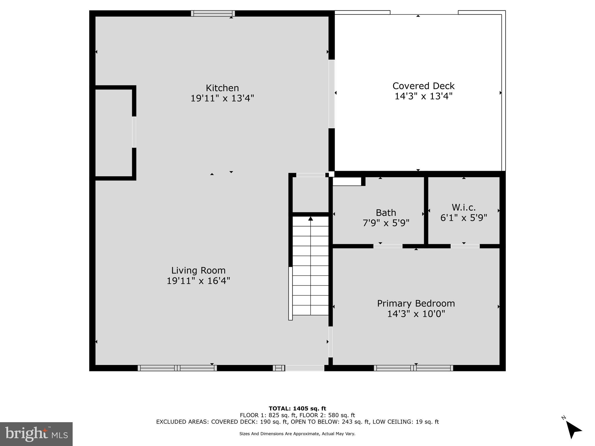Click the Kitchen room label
[x=222, y=88]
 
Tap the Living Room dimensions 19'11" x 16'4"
[x=198, y=281]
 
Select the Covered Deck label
[x=423, y=86]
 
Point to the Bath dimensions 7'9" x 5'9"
[x=386, y=223]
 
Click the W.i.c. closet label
[x=463, y=207]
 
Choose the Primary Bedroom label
[x=416, y=303]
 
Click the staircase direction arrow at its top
[x=311, y=219]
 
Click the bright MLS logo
[x=36, y=434]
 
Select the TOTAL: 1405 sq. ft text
[x=297, y=409]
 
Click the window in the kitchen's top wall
[x=213, y=13]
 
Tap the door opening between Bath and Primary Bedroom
[x=388, y=246]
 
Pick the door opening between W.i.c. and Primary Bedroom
[x=465, y=246]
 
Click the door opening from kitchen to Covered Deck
[x=331, y=94]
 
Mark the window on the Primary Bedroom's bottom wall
[x=413, y=368]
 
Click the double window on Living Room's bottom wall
[x=177, y=368]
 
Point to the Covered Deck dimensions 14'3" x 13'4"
[x=423, y=96]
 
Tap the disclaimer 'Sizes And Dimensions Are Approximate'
[x=297, y=434]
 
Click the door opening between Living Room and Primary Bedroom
[x=330, y=342]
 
